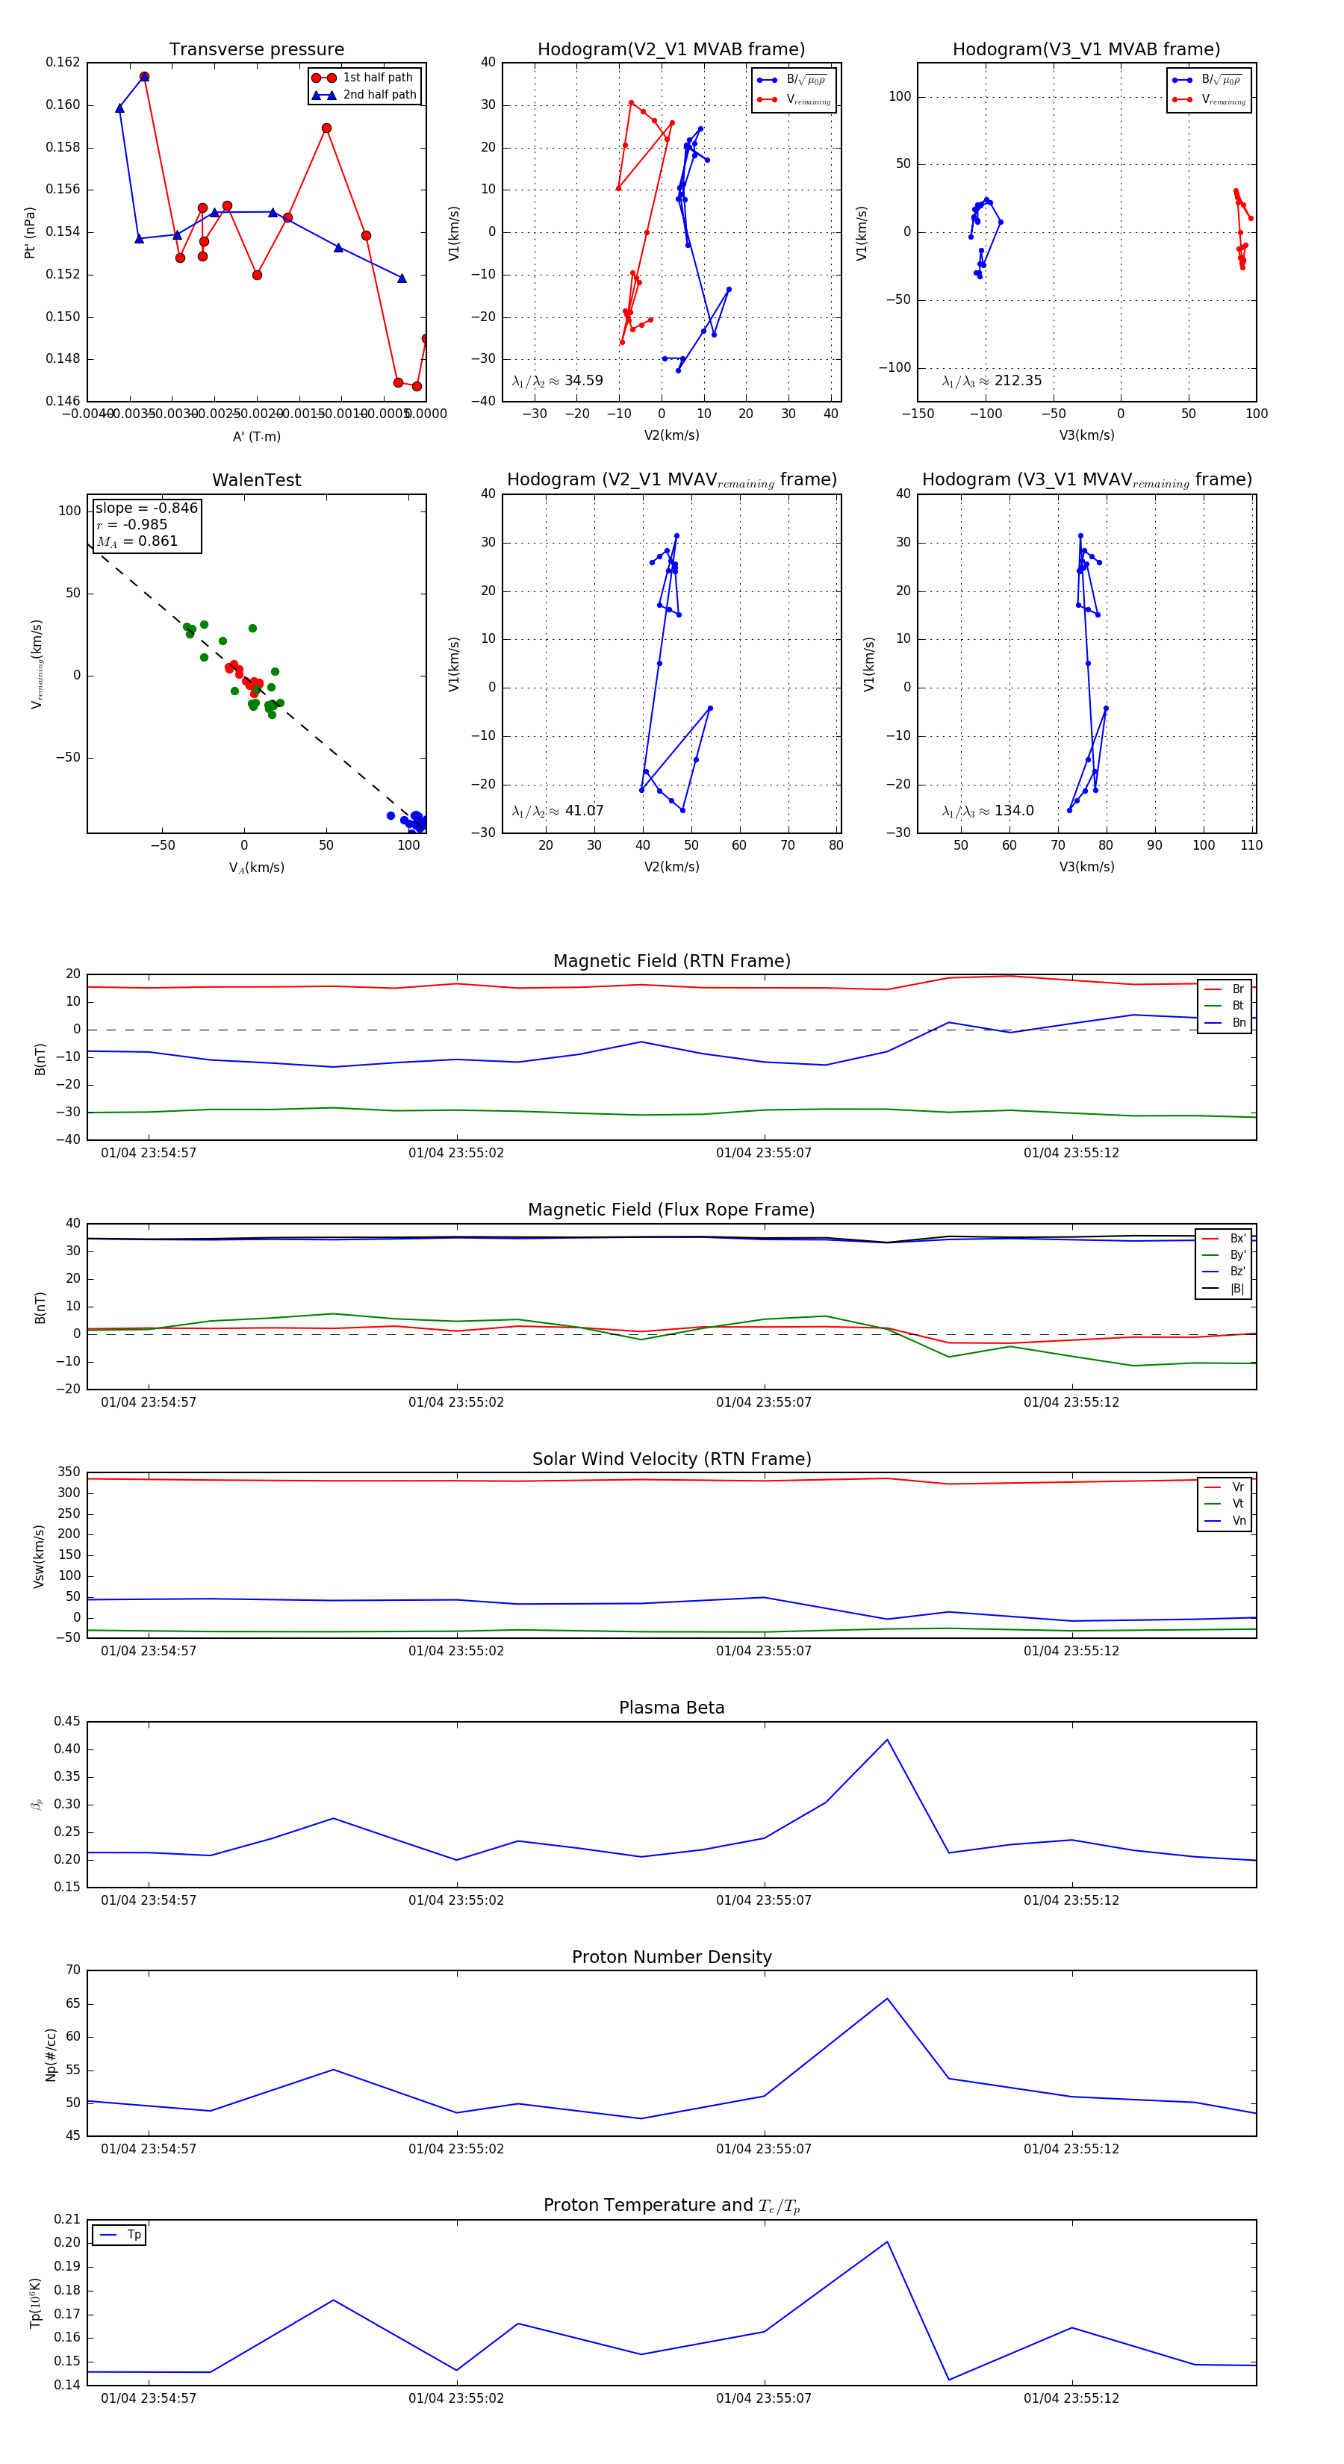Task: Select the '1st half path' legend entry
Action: pyautogui.click(x=377, y=78)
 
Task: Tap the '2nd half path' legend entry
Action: pyautogui.click(x=379, y=95)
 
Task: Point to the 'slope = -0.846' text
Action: pyautogui.click(x=146, y=508)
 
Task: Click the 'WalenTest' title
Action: pyautogui.click(x=256, y=480)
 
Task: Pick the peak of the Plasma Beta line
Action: pyautogui.click(x=887, y=1740)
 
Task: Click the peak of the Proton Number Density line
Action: pyautogui.click(x=887, y=1999)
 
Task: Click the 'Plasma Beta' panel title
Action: pyautogui.click(x=671, y=1708)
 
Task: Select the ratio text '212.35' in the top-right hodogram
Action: pyautogui.click(x=1018, y=381)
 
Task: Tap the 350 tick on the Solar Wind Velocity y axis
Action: pyautogui.click(x=69, y=1472)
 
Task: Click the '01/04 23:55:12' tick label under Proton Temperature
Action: pyautogui.click(x=1071, y=2398)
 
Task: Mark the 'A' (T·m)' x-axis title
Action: pyautogui.click(x=256, y=436)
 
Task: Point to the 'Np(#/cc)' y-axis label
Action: pyautogui.click(x=51, y=2055)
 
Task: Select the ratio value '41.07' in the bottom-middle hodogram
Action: pyautogui.click(x=583, y=811)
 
